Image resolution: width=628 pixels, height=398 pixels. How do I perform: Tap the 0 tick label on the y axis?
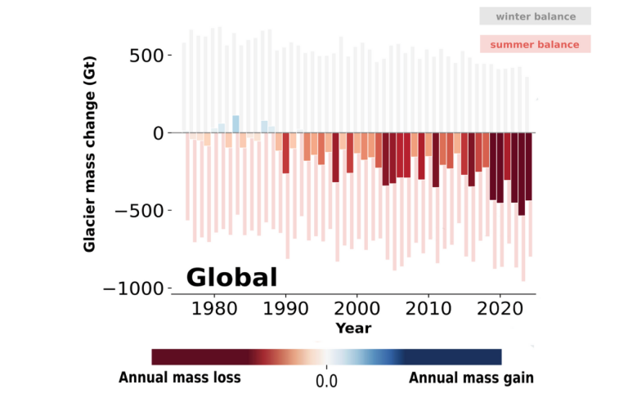pos(155,132)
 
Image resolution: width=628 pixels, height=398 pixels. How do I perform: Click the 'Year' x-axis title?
pos(353,329)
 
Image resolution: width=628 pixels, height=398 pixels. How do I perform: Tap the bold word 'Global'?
pos(231,278)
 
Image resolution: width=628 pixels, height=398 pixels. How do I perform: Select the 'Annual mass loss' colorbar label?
pos(180,378)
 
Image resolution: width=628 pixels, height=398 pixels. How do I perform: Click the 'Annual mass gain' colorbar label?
pos(471,378)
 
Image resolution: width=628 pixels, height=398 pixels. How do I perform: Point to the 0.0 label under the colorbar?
pos(326,381)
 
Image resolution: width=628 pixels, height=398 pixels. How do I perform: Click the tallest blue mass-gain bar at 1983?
pos(235,124)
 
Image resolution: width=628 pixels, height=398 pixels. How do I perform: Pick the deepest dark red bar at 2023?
pos(521,174)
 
